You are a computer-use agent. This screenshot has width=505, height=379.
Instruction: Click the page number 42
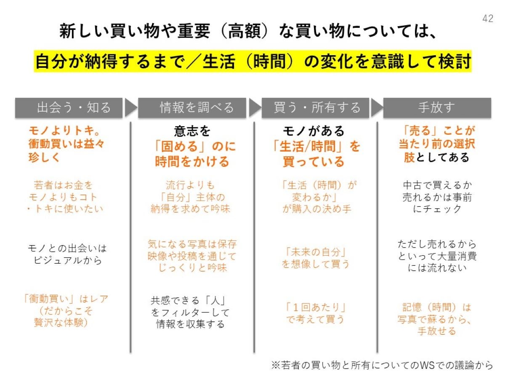[487, 19]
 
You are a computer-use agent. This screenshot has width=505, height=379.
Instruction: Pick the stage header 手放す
[437, 108]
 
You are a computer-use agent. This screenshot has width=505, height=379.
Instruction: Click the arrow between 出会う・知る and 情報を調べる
[130, 107]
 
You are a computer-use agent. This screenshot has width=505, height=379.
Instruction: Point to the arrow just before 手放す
[377, 107]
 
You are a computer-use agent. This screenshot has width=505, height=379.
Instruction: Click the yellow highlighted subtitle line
[252, 61]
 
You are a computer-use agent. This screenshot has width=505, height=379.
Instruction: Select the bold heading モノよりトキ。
[64, 131]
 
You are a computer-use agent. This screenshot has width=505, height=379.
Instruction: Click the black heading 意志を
[192, 131]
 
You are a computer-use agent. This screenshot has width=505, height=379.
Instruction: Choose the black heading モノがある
[314, 131]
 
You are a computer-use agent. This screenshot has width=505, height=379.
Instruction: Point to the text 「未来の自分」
[316, 252]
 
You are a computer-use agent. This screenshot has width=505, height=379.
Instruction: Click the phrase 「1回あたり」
[315, 307]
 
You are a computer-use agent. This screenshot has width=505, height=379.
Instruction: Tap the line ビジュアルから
[68, 260]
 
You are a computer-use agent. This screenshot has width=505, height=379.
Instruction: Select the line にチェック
[437, 209]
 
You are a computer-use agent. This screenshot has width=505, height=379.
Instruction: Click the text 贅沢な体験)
[61, 323]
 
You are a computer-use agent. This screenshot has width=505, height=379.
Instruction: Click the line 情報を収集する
[191, 324]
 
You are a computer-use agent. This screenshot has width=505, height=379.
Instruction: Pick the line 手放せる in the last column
[437, 331]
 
